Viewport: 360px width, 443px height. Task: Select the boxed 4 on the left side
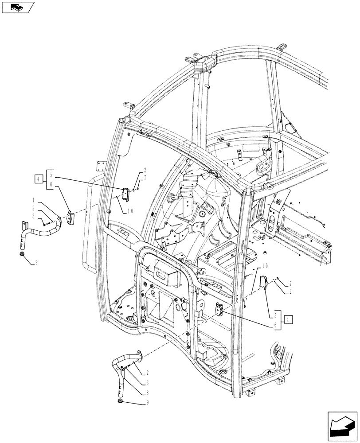coord(39,179)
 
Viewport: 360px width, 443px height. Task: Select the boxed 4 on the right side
coord(289,319)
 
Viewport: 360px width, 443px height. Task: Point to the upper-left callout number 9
coord(36,262)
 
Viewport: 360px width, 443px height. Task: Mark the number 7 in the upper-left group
coord(145,178)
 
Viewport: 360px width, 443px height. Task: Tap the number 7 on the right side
coord(290,283)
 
